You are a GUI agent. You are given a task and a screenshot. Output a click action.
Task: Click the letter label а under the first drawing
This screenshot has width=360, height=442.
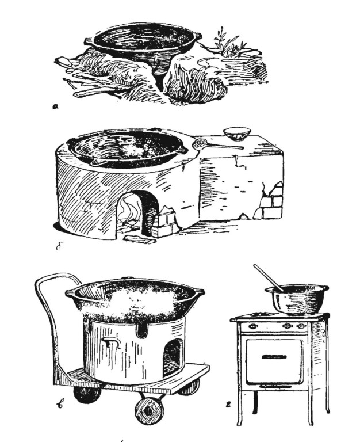pos(55,106)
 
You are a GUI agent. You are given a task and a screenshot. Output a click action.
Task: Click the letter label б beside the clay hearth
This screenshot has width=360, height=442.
pos(59,247)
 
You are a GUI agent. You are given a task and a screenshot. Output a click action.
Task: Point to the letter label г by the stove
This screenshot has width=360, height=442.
pos(228,405)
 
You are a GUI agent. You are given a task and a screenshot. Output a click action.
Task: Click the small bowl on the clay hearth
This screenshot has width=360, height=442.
pos(237,134)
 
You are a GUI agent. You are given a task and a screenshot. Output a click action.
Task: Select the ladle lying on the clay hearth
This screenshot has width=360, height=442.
pos(217,144)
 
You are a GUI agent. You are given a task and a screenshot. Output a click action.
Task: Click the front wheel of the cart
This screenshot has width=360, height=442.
pos(150,410)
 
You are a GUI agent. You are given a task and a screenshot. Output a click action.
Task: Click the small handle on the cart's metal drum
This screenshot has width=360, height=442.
pos(112,342)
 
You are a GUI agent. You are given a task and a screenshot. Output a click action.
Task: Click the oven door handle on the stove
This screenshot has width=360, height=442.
pos(274,357)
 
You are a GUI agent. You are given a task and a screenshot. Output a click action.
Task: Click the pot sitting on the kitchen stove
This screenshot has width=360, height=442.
pos(297,300)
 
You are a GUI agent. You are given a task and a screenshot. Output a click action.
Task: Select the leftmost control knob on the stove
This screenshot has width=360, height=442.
pos(254,326)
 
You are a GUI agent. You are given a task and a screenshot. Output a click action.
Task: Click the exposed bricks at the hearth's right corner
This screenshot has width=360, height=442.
pos(271,201)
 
